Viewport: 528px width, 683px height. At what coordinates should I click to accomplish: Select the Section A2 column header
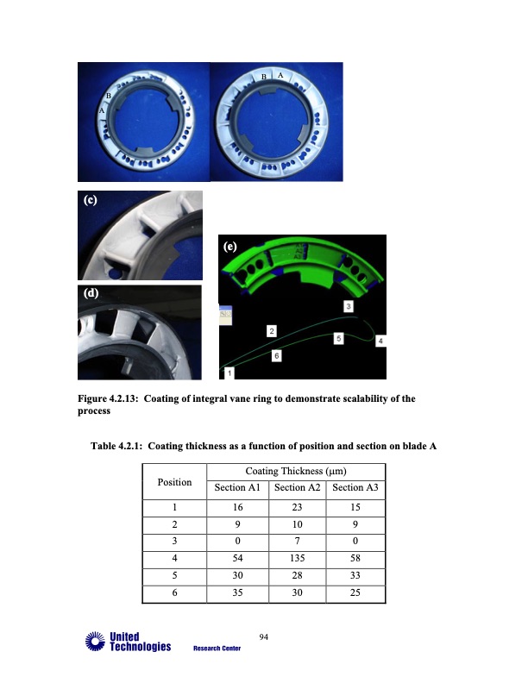pos(296,488)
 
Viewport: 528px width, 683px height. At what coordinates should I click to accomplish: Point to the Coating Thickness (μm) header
pos(296,471)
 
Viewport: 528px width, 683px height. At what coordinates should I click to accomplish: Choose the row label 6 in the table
pos(174,593)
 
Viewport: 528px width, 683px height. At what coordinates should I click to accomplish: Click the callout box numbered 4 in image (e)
pos(380,342)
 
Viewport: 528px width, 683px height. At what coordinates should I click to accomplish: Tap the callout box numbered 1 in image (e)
pos(229,373)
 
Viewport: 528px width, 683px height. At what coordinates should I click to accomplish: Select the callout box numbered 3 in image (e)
pos(349,306)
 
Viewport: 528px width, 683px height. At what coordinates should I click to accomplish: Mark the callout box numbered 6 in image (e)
pos(276,355)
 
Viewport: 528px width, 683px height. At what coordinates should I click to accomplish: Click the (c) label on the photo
pos(91,200)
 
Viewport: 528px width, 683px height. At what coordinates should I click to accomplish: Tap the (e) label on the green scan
pos(231,247)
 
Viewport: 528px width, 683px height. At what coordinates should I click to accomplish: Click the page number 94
pos(265,637)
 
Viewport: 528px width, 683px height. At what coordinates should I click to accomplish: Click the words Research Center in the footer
pos(217,648)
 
